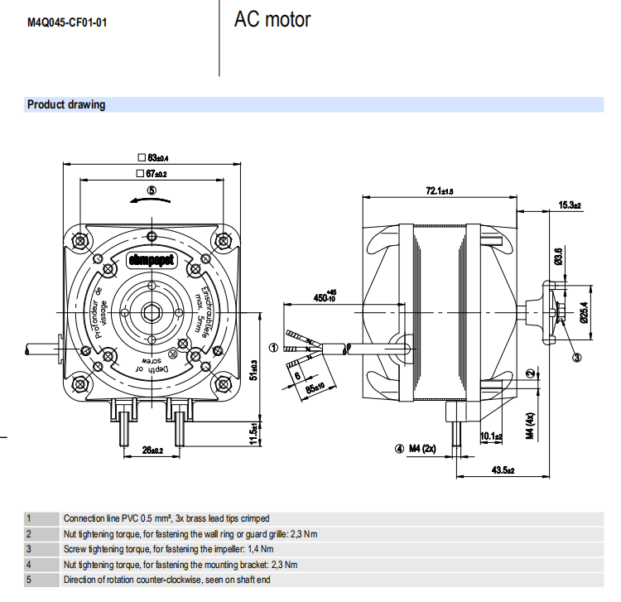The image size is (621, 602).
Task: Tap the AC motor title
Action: tap(272, 20)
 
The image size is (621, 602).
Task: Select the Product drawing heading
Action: tap(66, 105)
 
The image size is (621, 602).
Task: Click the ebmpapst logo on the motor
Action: tap(151, 259)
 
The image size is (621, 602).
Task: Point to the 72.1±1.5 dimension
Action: tap(440, 191)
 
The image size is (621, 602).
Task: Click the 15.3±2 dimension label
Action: tap(569, 205)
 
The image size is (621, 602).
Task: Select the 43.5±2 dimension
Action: tap(503, 470)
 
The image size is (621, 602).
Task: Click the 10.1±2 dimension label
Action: tap(492, 436)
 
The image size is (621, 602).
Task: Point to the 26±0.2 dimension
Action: tap(152, 450)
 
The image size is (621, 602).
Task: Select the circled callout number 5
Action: tap(152, 190)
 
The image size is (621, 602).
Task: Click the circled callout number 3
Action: tap(577, 357)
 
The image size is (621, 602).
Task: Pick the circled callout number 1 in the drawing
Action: tap(274, 346)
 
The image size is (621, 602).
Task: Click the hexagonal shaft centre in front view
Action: tap(152, 312)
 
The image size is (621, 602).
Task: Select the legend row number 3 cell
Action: tap(29, 549)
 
